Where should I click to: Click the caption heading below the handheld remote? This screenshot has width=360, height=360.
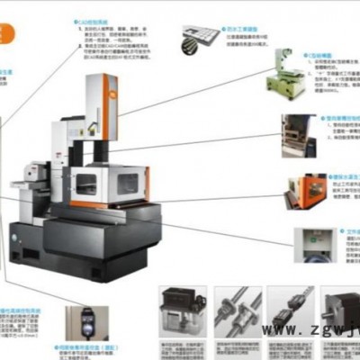99,347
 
